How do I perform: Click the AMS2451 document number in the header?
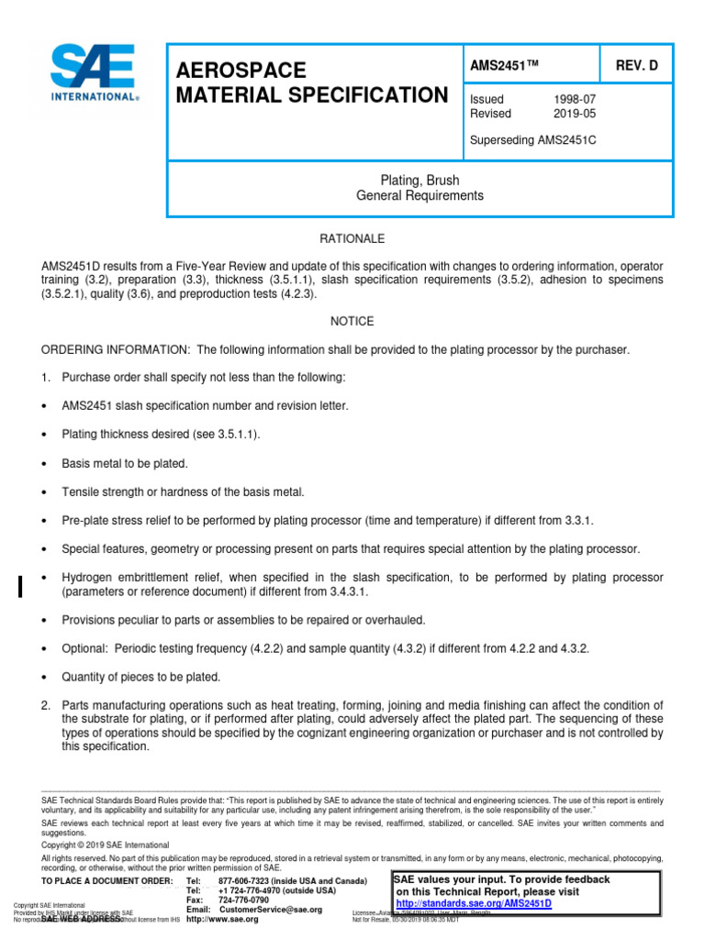tap(504, 66)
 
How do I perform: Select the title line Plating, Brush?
tap(420, 181)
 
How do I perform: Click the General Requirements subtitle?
tap(420, 195)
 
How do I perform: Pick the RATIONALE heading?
tap(352, 238)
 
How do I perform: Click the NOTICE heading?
tap(352, 321)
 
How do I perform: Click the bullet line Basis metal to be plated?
tap(124, 463)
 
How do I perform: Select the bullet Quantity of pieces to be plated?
tap(140, 677)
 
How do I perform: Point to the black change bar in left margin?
tap(20, 585)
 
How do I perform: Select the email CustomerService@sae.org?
tap(270, 909)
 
